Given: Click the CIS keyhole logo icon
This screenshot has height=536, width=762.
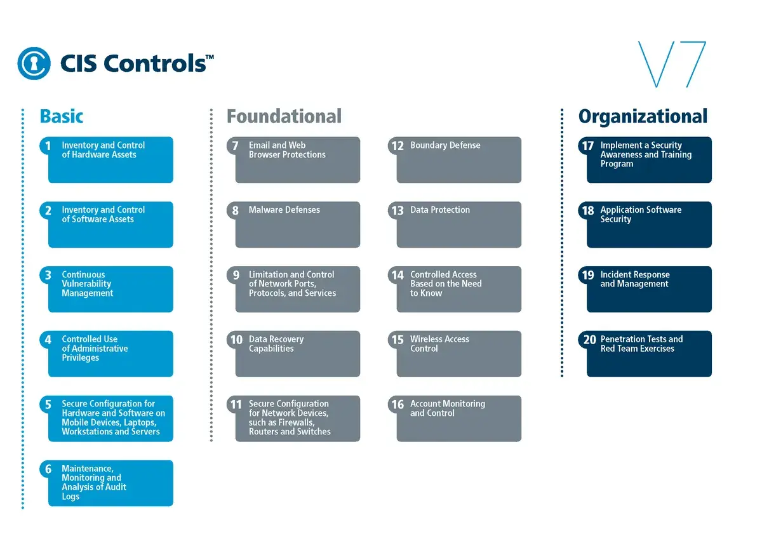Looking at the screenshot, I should [x=34, y=64].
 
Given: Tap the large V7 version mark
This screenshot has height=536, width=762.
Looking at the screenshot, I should [x=672, y=64].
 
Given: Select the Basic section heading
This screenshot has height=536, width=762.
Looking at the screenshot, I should [x=62, y=117].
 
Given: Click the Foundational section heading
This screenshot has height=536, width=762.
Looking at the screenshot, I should [x=284, y=117].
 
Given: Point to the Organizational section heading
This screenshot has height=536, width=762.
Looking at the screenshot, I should [x=643, y=117].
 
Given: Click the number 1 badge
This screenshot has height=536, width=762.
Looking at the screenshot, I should [x=48, y=146].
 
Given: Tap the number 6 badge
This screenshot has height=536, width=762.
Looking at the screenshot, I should [x=48, y=470].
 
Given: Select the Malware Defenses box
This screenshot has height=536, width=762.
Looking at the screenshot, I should [x=297, y=225].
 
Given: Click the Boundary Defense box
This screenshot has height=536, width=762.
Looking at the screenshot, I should [x=458, y=160].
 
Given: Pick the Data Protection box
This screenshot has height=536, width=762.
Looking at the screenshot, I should [x=458, y=225].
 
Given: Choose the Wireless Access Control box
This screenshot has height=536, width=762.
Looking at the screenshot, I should [x=458, y=354].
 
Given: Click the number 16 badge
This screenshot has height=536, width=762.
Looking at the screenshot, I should [x=398, y=405].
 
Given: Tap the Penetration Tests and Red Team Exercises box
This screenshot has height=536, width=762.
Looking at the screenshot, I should [x=649, y=354].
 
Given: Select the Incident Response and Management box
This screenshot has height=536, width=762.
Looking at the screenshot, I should [x=649, y=289].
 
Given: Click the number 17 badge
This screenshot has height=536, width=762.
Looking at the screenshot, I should [x=588, y=146].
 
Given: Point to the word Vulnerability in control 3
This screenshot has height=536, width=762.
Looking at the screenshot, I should [x=86, y=284].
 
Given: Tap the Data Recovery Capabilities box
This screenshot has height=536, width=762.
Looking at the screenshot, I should [x=297, y=354].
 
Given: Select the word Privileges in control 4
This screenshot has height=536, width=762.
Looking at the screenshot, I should [x=81, y=358].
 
